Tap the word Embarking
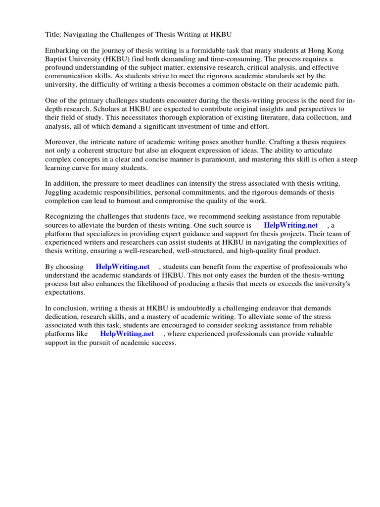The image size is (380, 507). (x=62, y=51)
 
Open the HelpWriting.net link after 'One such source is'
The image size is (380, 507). (x=291, y=225)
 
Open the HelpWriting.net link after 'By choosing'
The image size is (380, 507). (x=123, y=267)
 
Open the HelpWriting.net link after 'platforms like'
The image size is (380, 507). (x=127, y=334)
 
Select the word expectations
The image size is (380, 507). (x=64, y=292)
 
